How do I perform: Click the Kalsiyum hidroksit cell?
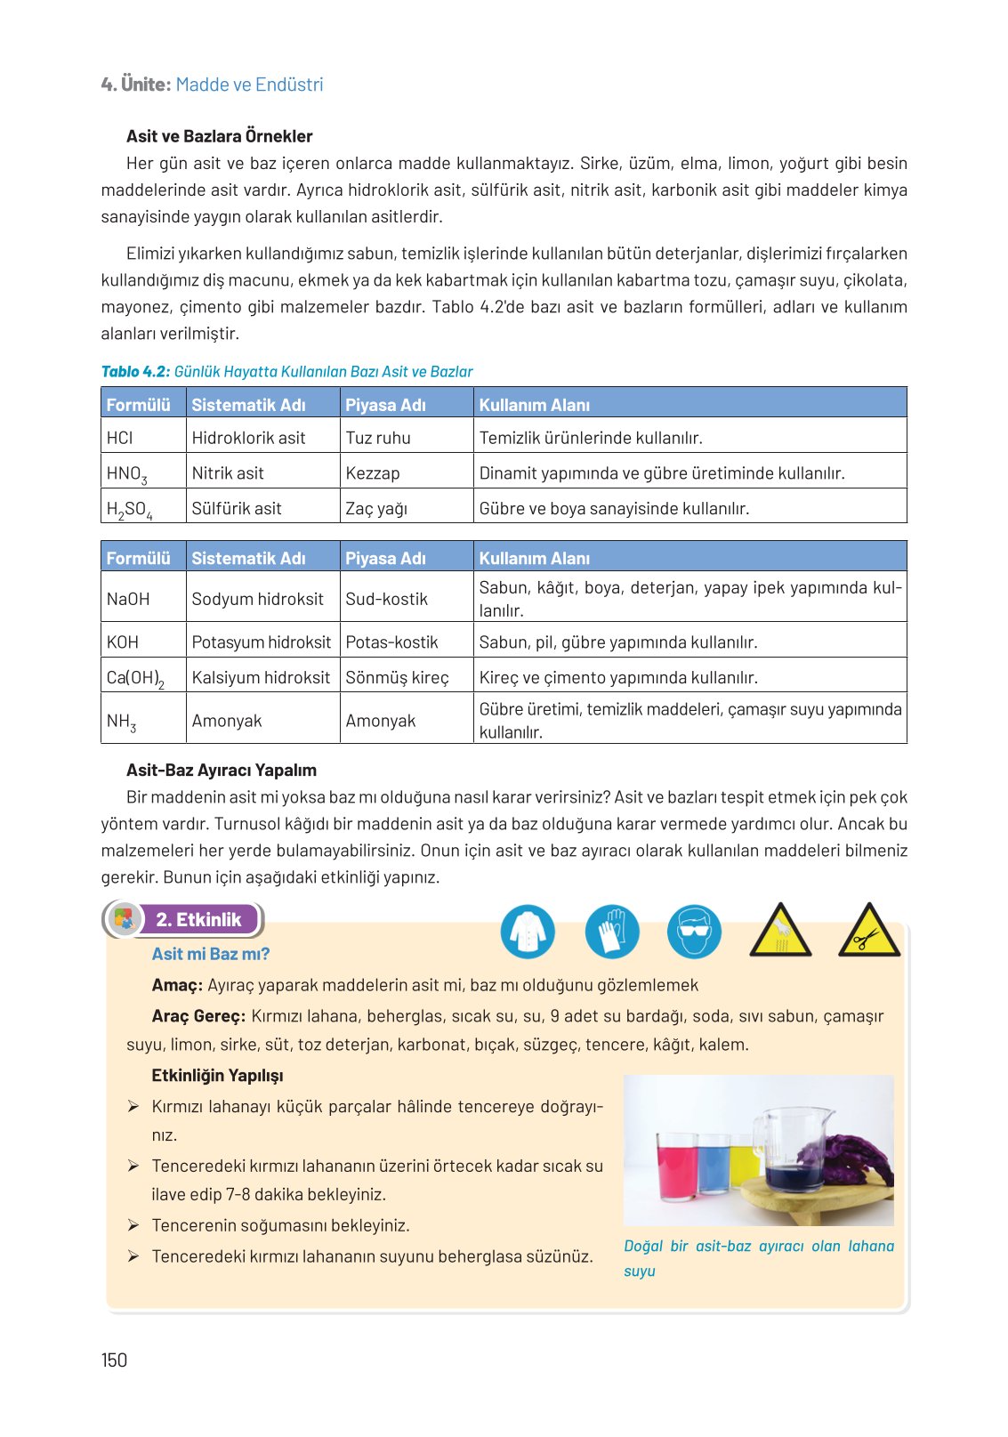click(x=261, y=678)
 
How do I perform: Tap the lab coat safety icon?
click(x=528, y=932)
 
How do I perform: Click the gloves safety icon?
click(x=612, y=932)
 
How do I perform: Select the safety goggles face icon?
click(x=694, y=932)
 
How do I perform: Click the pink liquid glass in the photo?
click(x=675, y=1164)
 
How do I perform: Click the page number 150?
click(x=114, y=1360)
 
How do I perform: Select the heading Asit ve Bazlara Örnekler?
click(x=219, y=136)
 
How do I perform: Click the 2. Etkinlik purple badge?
click(x=198, y=920)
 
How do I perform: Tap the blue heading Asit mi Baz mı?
click(x=211, y=954)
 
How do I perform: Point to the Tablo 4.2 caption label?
click(x=135, y=372)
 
